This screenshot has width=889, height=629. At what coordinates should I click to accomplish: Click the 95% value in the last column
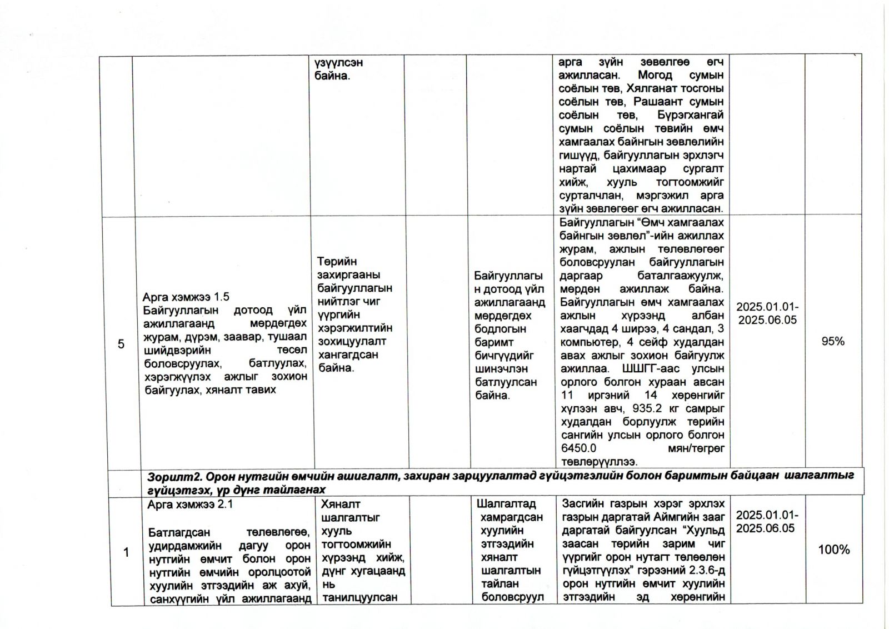pos(832,341)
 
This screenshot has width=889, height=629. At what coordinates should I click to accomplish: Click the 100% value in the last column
pos(833,550)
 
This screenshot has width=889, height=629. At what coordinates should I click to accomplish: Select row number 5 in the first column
pos(121,344)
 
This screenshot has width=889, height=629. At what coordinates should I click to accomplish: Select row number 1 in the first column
pos(126,552)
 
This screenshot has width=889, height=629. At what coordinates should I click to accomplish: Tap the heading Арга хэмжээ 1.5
pos(186,297)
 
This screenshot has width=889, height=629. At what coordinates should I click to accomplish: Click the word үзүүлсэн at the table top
pos(338,63)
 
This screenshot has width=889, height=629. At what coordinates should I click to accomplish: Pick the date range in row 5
pos(767,313)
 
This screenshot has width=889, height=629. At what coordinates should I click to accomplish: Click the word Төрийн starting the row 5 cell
pos(337,262)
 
